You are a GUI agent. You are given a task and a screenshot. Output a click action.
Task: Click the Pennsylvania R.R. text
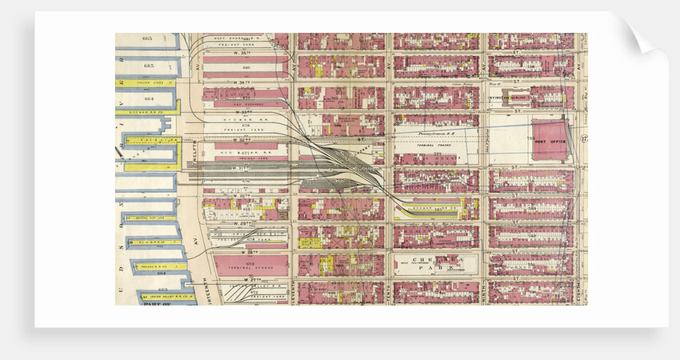click(436, 126)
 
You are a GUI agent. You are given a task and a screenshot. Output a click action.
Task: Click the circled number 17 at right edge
click(584, 139)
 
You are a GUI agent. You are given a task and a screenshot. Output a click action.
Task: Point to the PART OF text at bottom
click(156, 302)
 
